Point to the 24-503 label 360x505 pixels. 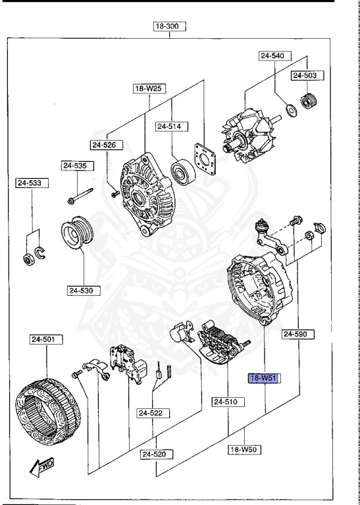point(305,76)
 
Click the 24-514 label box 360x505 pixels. point(172,126)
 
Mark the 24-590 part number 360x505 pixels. point(297,334)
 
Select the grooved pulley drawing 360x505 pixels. point(78,235)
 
